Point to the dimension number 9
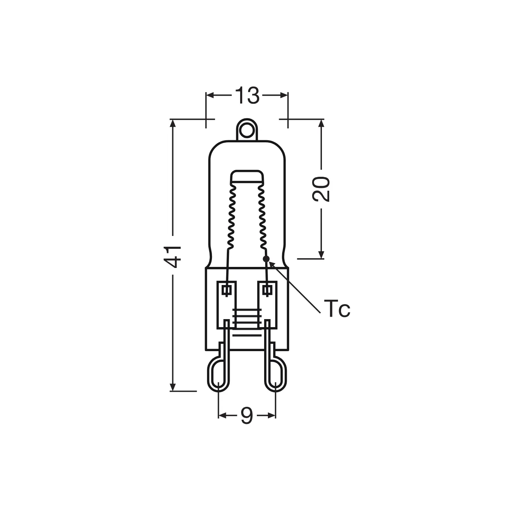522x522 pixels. [x=247, y=416]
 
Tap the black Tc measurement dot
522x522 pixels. [x=266, y=259]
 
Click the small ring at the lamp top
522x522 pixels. [x=247, y=130]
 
